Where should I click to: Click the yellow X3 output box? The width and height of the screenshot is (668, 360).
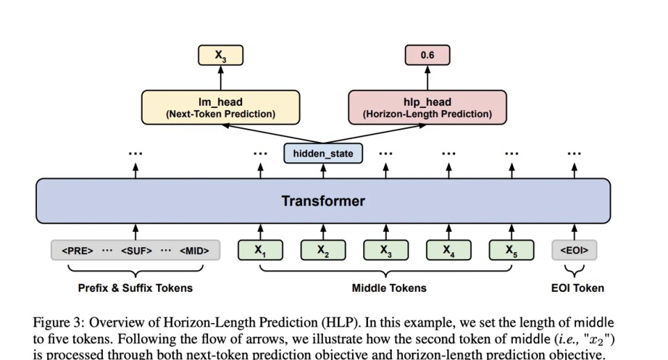221,55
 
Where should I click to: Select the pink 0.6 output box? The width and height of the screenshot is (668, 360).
427,55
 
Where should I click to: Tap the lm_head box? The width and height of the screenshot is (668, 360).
221,107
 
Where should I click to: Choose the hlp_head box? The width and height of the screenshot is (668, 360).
427,107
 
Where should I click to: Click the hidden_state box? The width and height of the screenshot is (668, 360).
323,153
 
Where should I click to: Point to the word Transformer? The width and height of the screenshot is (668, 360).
323,201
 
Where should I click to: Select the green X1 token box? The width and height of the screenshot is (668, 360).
261,250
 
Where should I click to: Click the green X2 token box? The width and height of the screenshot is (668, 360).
324,250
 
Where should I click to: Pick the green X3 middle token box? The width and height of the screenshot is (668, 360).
386,250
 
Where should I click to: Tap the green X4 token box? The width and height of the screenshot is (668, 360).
449,250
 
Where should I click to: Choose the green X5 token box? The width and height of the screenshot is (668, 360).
511,250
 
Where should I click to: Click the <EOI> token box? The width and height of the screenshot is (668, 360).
574,250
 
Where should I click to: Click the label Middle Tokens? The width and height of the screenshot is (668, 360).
389,288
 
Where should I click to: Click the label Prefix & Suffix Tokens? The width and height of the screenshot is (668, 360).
135,288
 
